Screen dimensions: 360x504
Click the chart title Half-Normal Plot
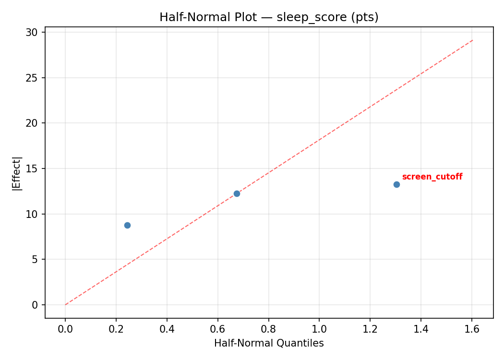click(269, 17)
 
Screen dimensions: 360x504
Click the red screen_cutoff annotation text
click(432, 177)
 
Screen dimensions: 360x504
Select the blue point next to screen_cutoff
click(396, 184)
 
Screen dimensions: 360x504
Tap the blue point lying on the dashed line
click(237, 193)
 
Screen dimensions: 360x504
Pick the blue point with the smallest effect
click(127, 225)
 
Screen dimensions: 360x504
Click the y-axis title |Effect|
click(17, 173)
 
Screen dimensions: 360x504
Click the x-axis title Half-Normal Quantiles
click(269, 343)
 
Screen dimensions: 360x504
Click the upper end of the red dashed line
click(473, 40)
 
